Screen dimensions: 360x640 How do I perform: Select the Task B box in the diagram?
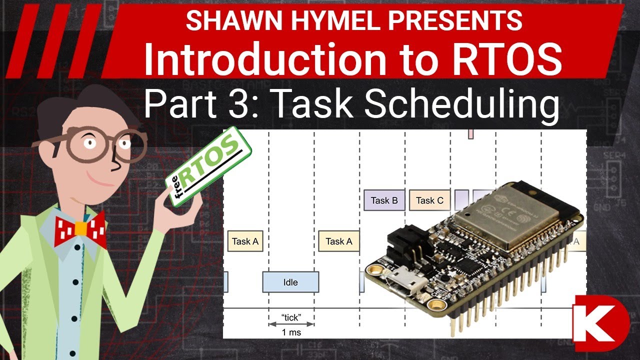pyautogui.click(x=384, y=200)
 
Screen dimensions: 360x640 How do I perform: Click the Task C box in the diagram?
pyautogui.click(x=429, y=200)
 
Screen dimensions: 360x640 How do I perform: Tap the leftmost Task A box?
pyautogui.click(x=245, y=241)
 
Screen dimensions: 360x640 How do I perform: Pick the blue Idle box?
pyautogui.click(x=290, y=282)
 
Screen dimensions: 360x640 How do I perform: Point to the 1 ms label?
pyautogui.click(x=291, y=332)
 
